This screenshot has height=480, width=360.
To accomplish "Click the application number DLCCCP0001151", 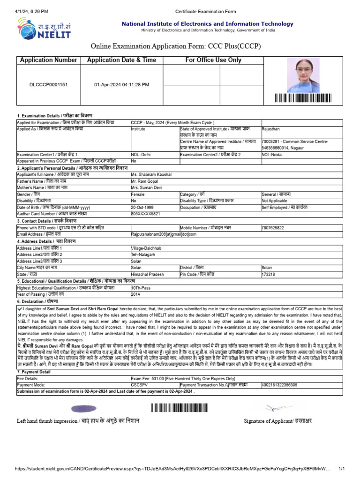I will (x=48, y=85).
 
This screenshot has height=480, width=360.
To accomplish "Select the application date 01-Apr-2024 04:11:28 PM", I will (x=122, y=85).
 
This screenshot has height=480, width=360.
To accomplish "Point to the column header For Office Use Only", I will (x=213, y=60).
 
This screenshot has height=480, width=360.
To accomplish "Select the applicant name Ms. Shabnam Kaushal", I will (x=151, y=174).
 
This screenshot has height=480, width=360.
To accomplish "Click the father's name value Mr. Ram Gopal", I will (x=145, y=180).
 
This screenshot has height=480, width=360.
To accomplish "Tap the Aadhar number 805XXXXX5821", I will (x=145, y=213).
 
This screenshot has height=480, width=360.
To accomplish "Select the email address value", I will (x=164, y=234).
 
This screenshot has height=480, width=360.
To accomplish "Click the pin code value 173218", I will (x=269, y=274).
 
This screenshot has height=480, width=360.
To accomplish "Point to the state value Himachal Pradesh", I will (x=148, y=274).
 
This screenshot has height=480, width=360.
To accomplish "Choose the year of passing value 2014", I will (x=136, y=294).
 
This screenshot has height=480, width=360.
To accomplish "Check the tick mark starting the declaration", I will (x=19, y=309).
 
